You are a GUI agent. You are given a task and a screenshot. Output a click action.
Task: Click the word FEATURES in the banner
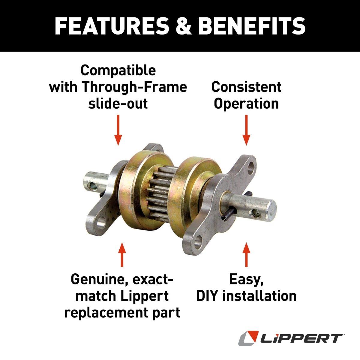[x=112, y=26]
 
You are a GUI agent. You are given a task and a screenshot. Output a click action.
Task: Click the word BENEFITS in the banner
[x=252, y=26]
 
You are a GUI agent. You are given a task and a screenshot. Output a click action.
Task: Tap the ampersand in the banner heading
[x=184, y=26]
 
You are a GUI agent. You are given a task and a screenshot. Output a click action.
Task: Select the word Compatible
[x=118, y=70]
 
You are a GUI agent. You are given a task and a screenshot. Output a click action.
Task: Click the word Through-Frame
[x=135, y=87]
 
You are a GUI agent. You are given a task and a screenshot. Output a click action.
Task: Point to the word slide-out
[x=118, y=103]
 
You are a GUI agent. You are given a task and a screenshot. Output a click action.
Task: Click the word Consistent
[x=246, y=87]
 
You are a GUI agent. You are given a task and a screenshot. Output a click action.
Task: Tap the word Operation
[x=246, y=104]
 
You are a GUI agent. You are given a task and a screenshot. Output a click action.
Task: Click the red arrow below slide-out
[x=118, y=130]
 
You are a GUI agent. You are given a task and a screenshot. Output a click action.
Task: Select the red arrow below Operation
[x=246, y=130]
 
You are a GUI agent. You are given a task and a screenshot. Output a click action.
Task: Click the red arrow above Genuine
[x=122, y=255]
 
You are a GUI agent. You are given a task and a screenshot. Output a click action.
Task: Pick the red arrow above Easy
[x=246, y=255]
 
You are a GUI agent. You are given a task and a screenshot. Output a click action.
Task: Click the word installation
[x=259, y=296]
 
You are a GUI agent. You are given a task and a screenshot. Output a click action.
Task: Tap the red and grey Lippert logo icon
[x=249, y=338]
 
